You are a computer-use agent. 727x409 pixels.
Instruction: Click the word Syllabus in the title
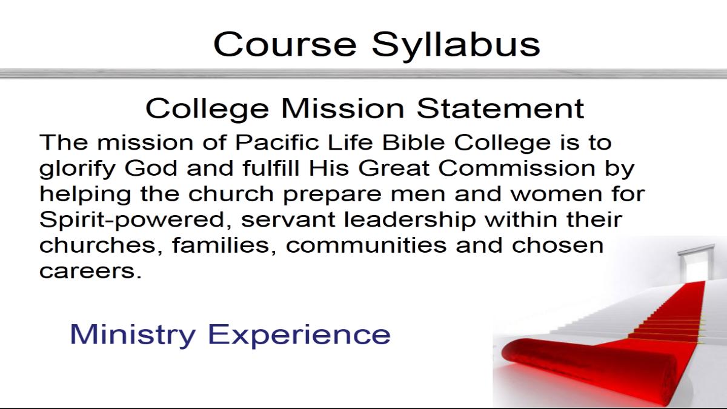(x=456, y=46)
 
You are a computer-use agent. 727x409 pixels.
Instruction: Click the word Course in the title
(x=285, y=44)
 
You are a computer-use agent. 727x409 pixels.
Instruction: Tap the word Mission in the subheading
(x=343, y=108)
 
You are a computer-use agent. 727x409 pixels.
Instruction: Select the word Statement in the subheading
(x=500, y=108)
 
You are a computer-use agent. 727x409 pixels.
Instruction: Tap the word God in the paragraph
(x=151, y=168)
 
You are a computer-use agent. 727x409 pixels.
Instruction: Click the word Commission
(x=517, y=168)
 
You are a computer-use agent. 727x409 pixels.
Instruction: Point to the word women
(x=557, y=195)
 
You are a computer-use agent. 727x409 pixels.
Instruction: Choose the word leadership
(x=410, y=221)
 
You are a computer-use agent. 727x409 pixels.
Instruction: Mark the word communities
(x=366, y=245)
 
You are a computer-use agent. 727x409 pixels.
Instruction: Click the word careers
(x=90, y=271)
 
